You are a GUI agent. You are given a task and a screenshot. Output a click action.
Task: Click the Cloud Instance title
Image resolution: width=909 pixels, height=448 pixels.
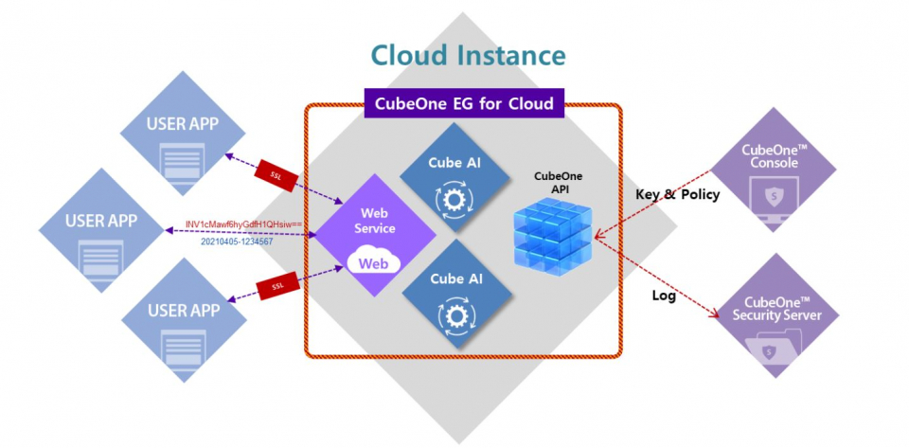pos(468,54)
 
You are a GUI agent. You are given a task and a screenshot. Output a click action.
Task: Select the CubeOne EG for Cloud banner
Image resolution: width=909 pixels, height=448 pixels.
pos(463,99)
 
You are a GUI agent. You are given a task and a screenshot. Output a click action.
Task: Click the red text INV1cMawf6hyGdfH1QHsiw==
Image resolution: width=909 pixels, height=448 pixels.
pos(243,224)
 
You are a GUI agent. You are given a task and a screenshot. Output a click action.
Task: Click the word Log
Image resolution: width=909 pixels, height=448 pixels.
pos(665,295)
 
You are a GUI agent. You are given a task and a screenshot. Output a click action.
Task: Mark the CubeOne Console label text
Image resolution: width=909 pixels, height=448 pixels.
pos(775,155)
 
